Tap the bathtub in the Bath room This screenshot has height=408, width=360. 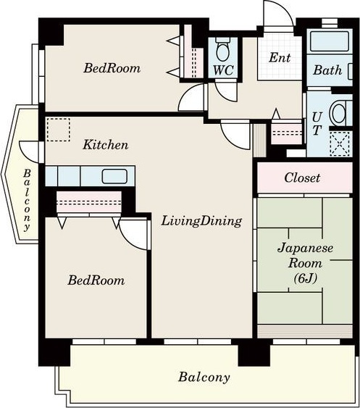330,41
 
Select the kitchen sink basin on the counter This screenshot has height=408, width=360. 114,176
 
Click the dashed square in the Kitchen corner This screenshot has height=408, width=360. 59,130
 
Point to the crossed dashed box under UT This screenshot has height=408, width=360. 340,143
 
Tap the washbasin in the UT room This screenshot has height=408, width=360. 338,113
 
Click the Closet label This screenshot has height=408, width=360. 302,178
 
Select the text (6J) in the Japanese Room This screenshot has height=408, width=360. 306,279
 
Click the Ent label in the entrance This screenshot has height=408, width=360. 280,57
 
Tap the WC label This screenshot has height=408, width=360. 223,70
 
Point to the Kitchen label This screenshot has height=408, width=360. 106,145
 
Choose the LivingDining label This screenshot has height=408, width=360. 201,222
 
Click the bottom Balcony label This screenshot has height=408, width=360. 204,377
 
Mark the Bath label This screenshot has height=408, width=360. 327,70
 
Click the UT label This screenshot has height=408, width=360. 317,124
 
